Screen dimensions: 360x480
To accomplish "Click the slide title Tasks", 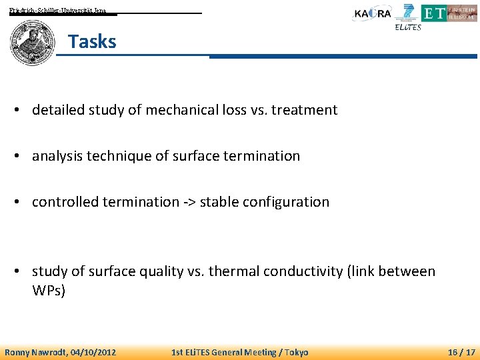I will [92, 41].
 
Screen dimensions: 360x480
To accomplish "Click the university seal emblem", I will [32, 42].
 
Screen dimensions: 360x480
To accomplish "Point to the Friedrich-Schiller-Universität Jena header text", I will [57, 11].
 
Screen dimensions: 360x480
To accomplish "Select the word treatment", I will [305, 110].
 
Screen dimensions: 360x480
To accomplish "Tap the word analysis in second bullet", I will [58, 156].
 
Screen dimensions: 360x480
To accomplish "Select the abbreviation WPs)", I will [49, 291].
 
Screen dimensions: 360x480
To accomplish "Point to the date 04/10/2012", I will [94, 352].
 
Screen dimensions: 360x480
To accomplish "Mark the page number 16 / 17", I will [461, 352].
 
